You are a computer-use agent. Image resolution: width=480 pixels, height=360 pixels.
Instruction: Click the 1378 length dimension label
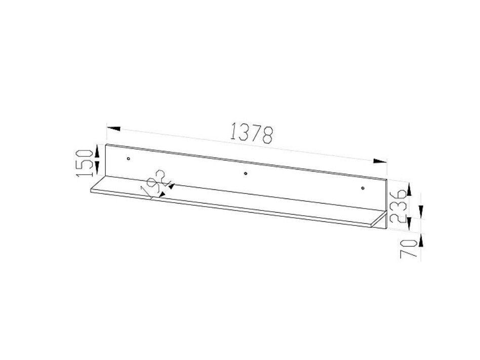point(251,133)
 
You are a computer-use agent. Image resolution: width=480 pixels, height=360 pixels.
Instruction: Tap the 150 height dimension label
point(85,162)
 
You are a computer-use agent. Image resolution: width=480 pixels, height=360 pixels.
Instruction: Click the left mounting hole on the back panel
point(129,159)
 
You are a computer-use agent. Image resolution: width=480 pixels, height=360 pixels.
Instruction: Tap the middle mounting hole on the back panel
point(246,174)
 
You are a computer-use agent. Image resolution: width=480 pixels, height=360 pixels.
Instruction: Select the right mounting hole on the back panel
point(363,189)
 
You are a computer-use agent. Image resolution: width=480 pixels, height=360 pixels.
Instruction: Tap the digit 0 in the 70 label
point(410,243)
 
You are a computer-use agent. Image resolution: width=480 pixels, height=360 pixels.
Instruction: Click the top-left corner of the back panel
point(105,144)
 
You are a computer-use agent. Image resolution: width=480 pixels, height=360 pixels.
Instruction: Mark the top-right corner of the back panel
point(387,180)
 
